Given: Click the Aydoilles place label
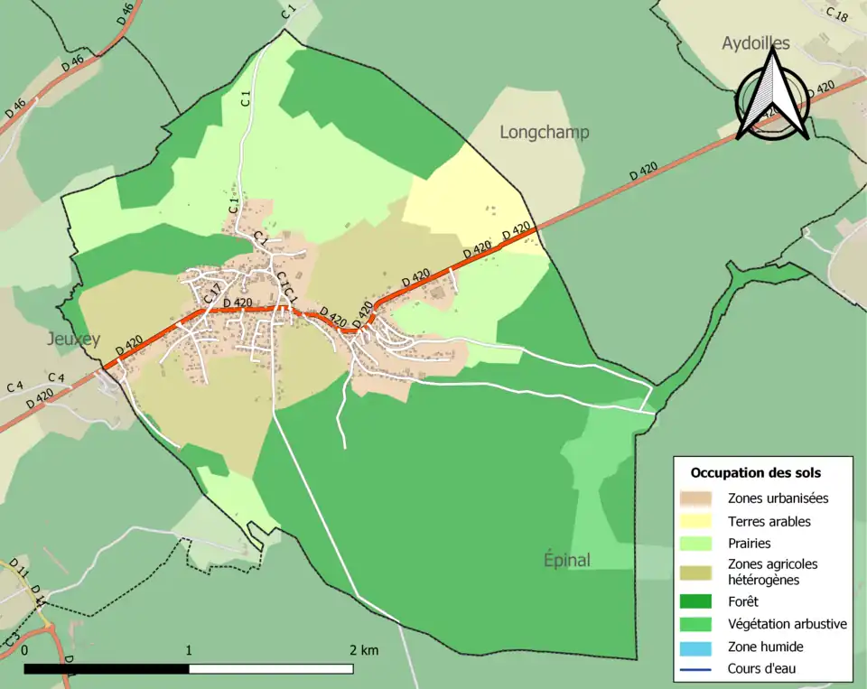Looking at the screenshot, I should point(756,43).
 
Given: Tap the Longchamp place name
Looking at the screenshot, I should point(545,133).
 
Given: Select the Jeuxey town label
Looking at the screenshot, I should point(73,340).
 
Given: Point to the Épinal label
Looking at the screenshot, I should point(567,560).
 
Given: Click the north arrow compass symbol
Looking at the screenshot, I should point(772,98).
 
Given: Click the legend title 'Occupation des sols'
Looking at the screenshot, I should point(756,472).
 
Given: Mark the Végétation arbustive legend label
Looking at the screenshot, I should point(787,624).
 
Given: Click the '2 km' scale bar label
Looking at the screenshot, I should point(364,650).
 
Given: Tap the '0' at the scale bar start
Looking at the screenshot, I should point(24,650).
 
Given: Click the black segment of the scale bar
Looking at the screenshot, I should point(107,669).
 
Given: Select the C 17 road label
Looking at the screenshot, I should point(212,293).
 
